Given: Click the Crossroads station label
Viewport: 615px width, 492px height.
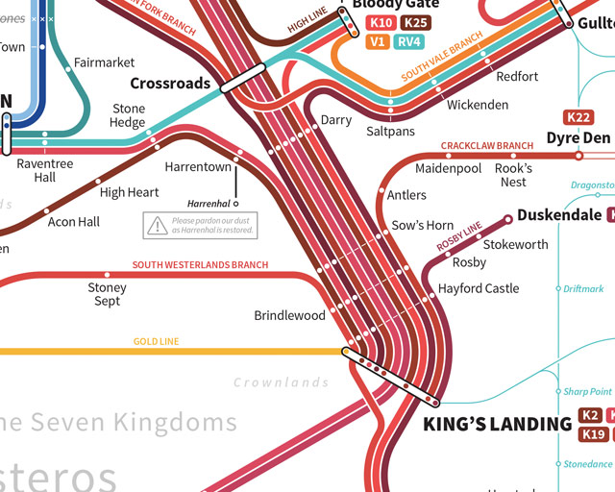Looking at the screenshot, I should tap(170, 84).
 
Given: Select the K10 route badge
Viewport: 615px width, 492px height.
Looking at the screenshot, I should tap(381, 23).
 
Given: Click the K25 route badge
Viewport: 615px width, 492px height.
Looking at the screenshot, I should tap(415, 23).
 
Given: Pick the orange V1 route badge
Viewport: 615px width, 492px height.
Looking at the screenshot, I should tap(378, 41).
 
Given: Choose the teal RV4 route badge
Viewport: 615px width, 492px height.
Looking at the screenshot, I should tap(408, 41).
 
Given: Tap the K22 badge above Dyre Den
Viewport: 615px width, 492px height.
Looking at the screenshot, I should tap(579, 117).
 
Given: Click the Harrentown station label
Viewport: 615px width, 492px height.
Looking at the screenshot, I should tap(198, 166).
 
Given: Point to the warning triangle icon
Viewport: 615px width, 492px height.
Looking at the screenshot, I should tap(156, 226).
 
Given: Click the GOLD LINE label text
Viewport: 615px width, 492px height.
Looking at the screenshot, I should tap(156, 341).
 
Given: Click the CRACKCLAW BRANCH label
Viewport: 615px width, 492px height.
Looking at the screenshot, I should tap(486, 146).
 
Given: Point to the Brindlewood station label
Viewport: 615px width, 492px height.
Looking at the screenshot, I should tap(289, 315).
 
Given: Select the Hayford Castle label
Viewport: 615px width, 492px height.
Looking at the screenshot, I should tap(479, 288).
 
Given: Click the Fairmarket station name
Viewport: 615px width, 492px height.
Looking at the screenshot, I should tap(105, 63).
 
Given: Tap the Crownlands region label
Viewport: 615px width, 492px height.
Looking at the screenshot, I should tap(282, 382).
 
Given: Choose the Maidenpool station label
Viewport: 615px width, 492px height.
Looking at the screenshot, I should tap(448, 168).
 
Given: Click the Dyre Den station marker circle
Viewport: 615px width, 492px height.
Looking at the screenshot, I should tap(578, 155).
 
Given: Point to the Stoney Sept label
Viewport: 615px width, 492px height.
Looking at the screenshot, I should tap(107, 294).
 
